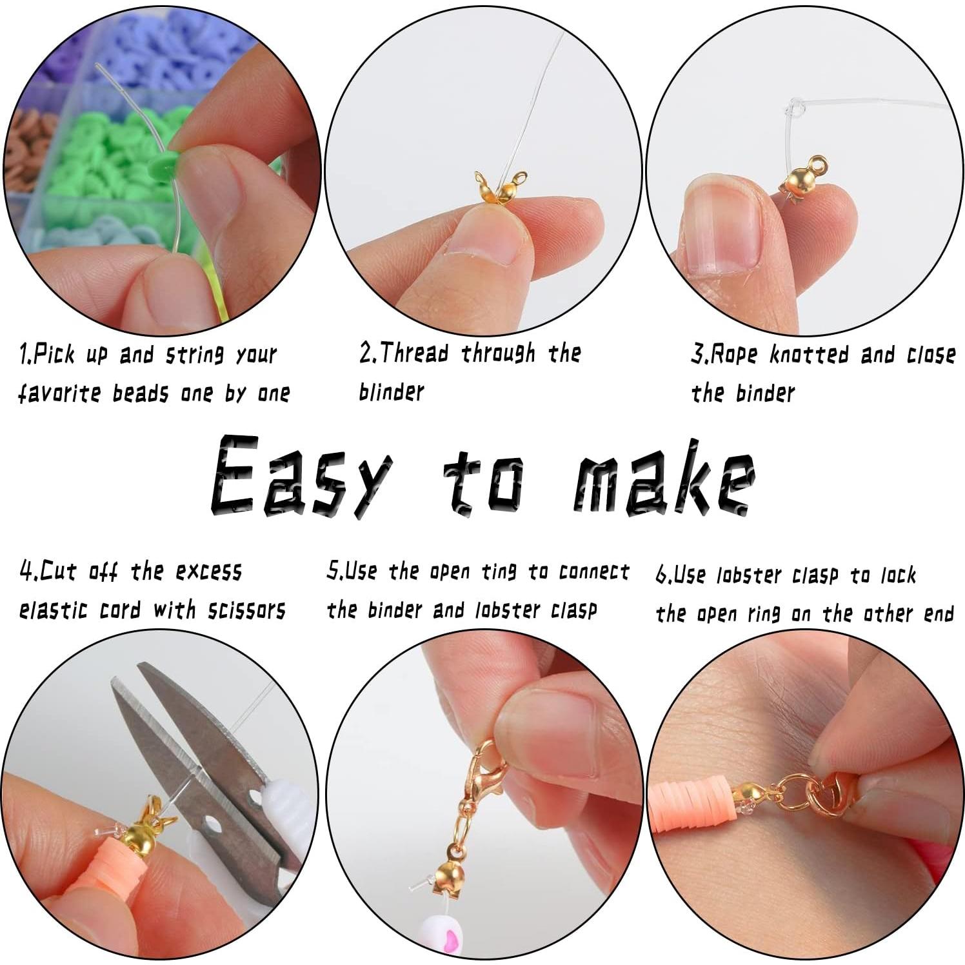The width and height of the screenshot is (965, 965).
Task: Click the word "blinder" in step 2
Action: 391,392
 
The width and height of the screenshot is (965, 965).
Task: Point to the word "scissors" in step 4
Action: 246,610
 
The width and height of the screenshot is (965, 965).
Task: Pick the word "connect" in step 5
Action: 593,572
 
